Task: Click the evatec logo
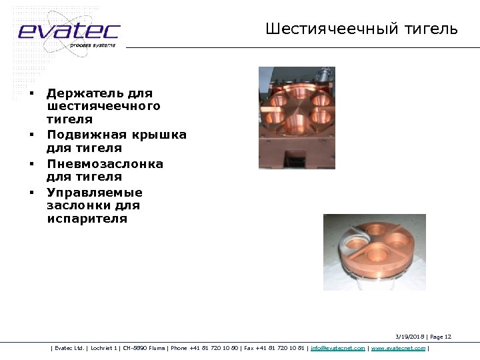pos(69,31)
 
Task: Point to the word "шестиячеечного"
pos(103,106)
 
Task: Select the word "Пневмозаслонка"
pos(105,163)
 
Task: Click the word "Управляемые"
pos(94,192)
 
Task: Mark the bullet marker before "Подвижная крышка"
pos(31,135)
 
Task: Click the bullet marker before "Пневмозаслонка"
pos(31,163)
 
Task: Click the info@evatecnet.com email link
pos(338,348)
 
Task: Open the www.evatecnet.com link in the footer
pos(398,348)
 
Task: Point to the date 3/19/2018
pos(409,337)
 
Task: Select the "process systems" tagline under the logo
pos(93,45)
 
